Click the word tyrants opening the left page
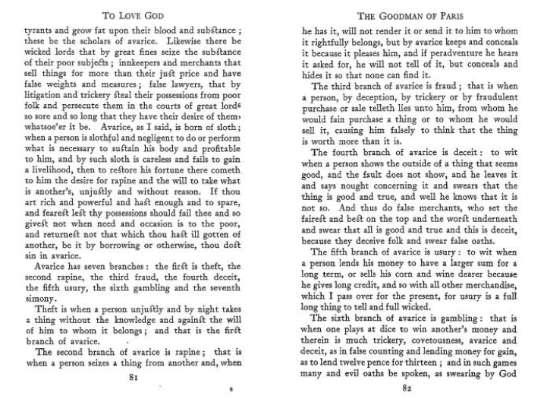pyautogui.click(x=40, y=31)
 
